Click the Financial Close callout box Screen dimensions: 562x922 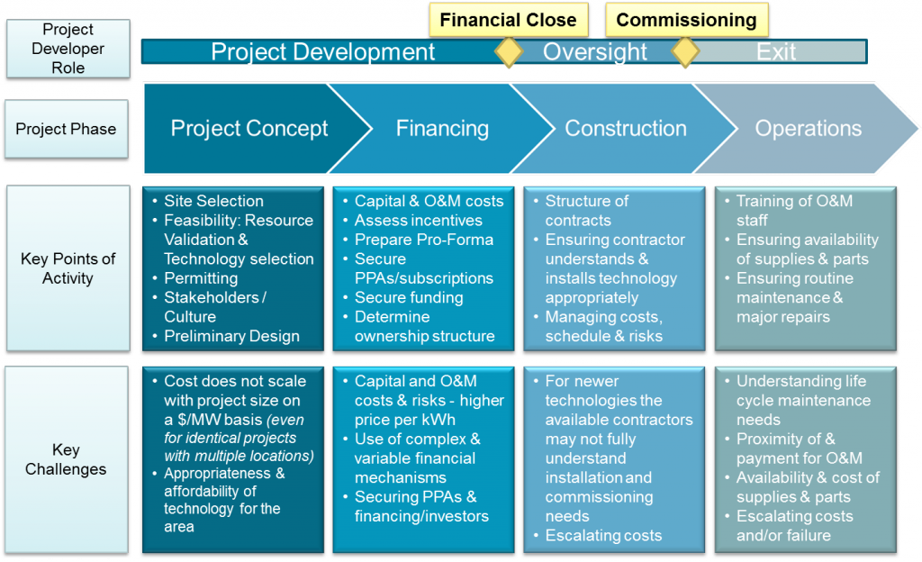(x=508, y=20)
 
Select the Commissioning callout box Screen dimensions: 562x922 (x=686, y=20)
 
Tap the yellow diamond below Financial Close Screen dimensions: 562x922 (x=509, y=51)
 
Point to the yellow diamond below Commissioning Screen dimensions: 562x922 (x=686, y=51)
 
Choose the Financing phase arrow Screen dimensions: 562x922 (x=442, y=129)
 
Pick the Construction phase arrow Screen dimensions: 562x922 (x=625, y=129)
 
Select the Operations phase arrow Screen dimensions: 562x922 (x=808, y=129)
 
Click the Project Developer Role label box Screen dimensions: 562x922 (x=68, y=49)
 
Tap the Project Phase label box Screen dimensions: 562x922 (x=66, y=129)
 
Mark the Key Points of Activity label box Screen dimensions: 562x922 (x=68, y=268)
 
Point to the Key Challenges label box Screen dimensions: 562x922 (x=66, y=459)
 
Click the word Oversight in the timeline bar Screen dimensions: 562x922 (x=594, y=52)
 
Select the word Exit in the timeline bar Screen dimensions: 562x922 (x=776, y=52)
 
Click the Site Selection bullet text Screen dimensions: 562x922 (x=213, y=201)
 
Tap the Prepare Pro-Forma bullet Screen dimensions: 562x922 (x=423, y=240)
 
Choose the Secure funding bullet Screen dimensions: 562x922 (x=409, y=297)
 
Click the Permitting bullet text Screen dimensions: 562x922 (x=201, y=278)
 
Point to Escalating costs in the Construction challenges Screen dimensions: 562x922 (x=603, y=536)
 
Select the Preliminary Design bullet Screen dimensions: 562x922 (x=231, y=336)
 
